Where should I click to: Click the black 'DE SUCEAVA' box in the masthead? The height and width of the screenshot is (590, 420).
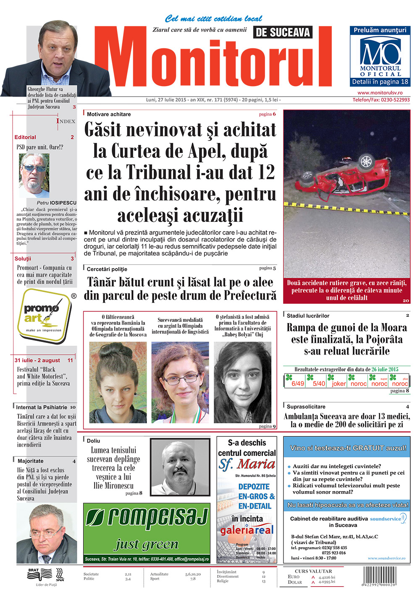(283, 32)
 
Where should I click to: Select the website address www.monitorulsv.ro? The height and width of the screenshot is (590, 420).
(380, 93)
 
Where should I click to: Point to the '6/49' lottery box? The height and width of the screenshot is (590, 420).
(297, 383)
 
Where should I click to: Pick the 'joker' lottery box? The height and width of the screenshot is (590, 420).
(339, 383)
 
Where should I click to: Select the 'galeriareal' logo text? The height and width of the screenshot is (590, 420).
(247, 530)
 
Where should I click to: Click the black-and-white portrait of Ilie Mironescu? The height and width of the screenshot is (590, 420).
(180, 467)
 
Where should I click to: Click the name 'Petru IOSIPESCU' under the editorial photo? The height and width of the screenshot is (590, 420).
(57, 203)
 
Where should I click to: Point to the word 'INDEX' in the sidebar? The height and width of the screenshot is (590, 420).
(66, 121)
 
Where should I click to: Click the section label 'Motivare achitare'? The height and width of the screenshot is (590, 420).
(109, 114)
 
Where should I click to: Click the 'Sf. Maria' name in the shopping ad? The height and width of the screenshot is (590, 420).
(247, 464)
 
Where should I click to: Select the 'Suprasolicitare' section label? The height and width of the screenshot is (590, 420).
(306, 407)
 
